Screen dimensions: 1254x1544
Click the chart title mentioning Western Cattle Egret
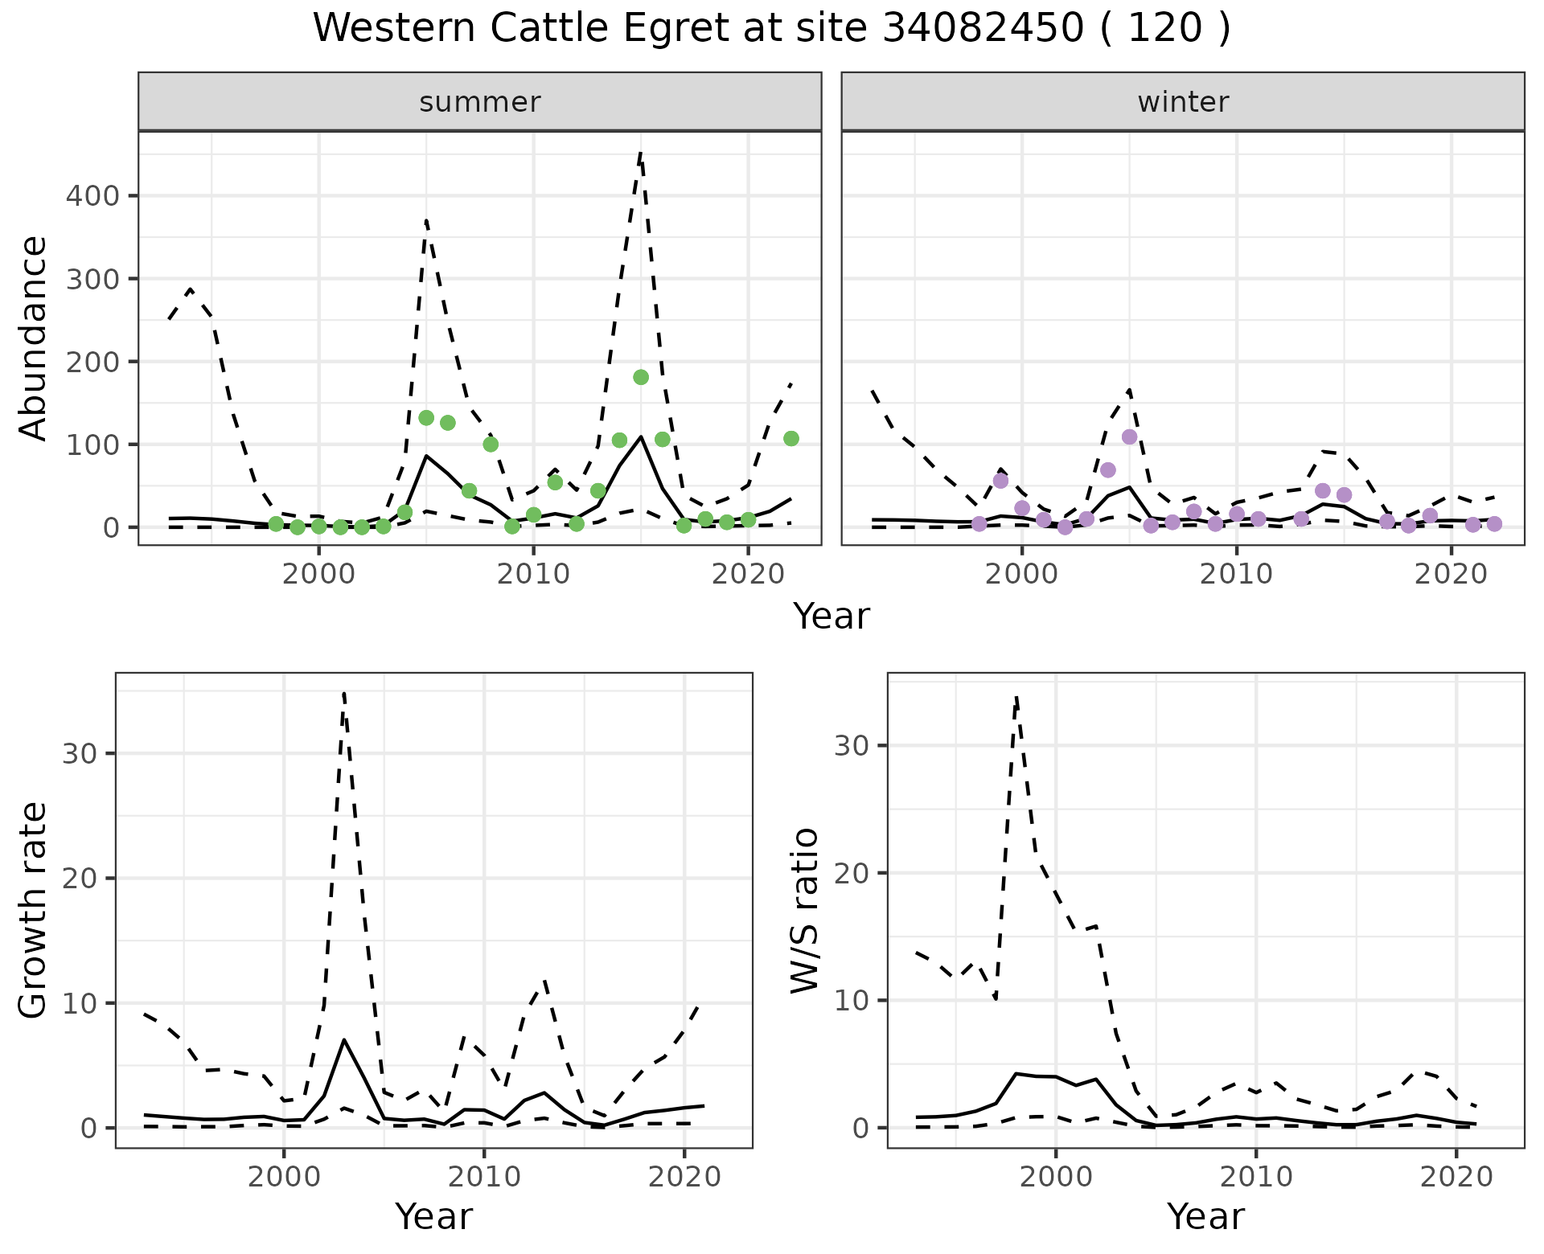pos(771,29)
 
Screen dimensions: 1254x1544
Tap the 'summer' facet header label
pos(479,102)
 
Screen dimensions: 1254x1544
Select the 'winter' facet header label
pos(1182,102)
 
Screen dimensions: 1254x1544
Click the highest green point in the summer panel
pos(641,377)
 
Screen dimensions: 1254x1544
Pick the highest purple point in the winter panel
pos(1129,436)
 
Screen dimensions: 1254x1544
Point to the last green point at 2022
pos(791,438)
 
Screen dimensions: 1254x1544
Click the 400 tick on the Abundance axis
pos(91,196)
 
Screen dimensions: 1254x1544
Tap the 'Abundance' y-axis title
pos(34,338)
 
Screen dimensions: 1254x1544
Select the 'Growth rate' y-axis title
pos(34,910)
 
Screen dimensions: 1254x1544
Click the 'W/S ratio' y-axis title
pos(805,910)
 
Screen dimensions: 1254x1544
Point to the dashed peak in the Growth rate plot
pos(343,693)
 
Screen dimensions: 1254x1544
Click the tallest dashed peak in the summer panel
pos(640,153)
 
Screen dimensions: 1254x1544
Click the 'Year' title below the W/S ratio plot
pos(1205,1217)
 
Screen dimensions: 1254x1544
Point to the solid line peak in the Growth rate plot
pos(343,1039)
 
